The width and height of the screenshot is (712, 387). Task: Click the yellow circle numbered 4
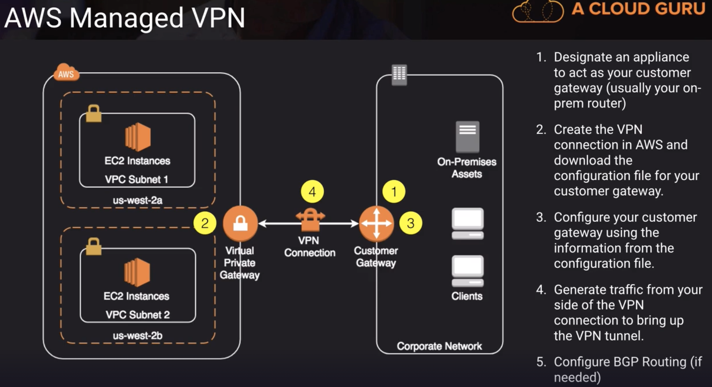pyautogui.click(x=312, y=192)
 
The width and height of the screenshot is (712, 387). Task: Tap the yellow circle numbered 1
pyautogui.click(x=394, y=191)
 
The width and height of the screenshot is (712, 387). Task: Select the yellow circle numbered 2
pyautogui.click(x=205, y=223)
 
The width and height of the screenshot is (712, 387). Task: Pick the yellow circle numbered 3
pyautogui.click(x=411, y=223)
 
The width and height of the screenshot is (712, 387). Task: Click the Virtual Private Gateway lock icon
pyautogui.click(x=240, y=223)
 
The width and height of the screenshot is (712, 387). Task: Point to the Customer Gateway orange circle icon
pyautogui.click(x=376, y=223)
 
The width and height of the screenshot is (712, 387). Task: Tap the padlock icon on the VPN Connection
pyautogui.click(x=310, y=219)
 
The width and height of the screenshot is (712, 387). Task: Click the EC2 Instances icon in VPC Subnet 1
pyautogui.click(x=137, y=136)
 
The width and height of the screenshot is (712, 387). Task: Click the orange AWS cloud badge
pyautogui.click(x=66, y=73)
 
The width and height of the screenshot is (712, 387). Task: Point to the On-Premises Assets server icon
pyautogui.click(x=467, y=136)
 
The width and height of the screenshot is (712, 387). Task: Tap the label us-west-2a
pyautogui.click(x=137, y=200)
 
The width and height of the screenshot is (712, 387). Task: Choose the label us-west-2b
pyautogui.click(x=137, y=335)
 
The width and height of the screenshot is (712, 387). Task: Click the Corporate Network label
pyautogui.click(x=439, y=346)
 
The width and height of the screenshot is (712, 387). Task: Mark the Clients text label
pyautogui.click(x=467, y=296)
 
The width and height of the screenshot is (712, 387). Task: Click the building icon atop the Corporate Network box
pyautogui.click(x=399, y=74)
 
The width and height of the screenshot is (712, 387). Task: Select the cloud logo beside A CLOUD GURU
pyautogui.click(x=538, y=11)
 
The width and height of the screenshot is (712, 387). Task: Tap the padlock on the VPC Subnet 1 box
pyautogui.click(x=94, y=113)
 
